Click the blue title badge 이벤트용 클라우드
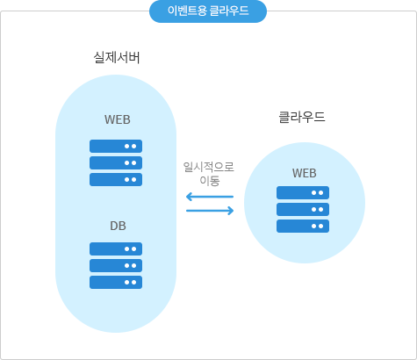pyautogui.click(x=208, y=11)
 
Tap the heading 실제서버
pyautogui.click(x=117, y=57)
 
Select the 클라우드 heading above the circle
pyautogui.click(x=302, y=117)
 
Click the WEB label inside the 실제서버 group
pyautogui.click(x=118, y=119)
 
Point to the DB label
pyautogui.click(x=118, y=226)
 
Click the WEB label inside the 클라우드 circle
pyautogui.click(x=305, y=173)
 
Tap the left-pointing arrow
pyautogui.click(x=210, y=197)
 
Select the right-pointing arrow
pyautogui.click(x=210, y=211)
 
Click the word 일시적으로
pyautogui.click(x=209, y=167)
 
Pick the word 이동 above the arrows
pyautogui.click(x=210, y=180)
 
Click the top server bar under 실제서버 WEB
pyautogui.click(x=116, y=146)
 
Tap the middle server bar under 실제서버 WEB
pyautogui.click(x=116, y=162)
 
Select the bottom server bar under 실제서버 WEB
pyautogui.click(x=116, y=179)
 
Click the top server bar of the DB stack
pyautogui.click(x=116, y=248)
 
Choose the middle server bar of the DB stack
pyautogui.click(x=116, y=265)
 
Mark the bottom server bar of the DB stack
pyautogui.click(x=116, y=282)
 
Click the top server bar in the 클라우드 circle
pyautogui.click(x=303, y=192)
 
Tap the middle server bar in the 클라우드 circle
pyautogui.click(x=303, y=209)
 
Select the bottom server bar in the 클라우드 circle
pyautogui.click(x=303, y=226)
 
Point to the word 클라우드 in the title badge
pyautogui.click(x=229, y=11)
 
